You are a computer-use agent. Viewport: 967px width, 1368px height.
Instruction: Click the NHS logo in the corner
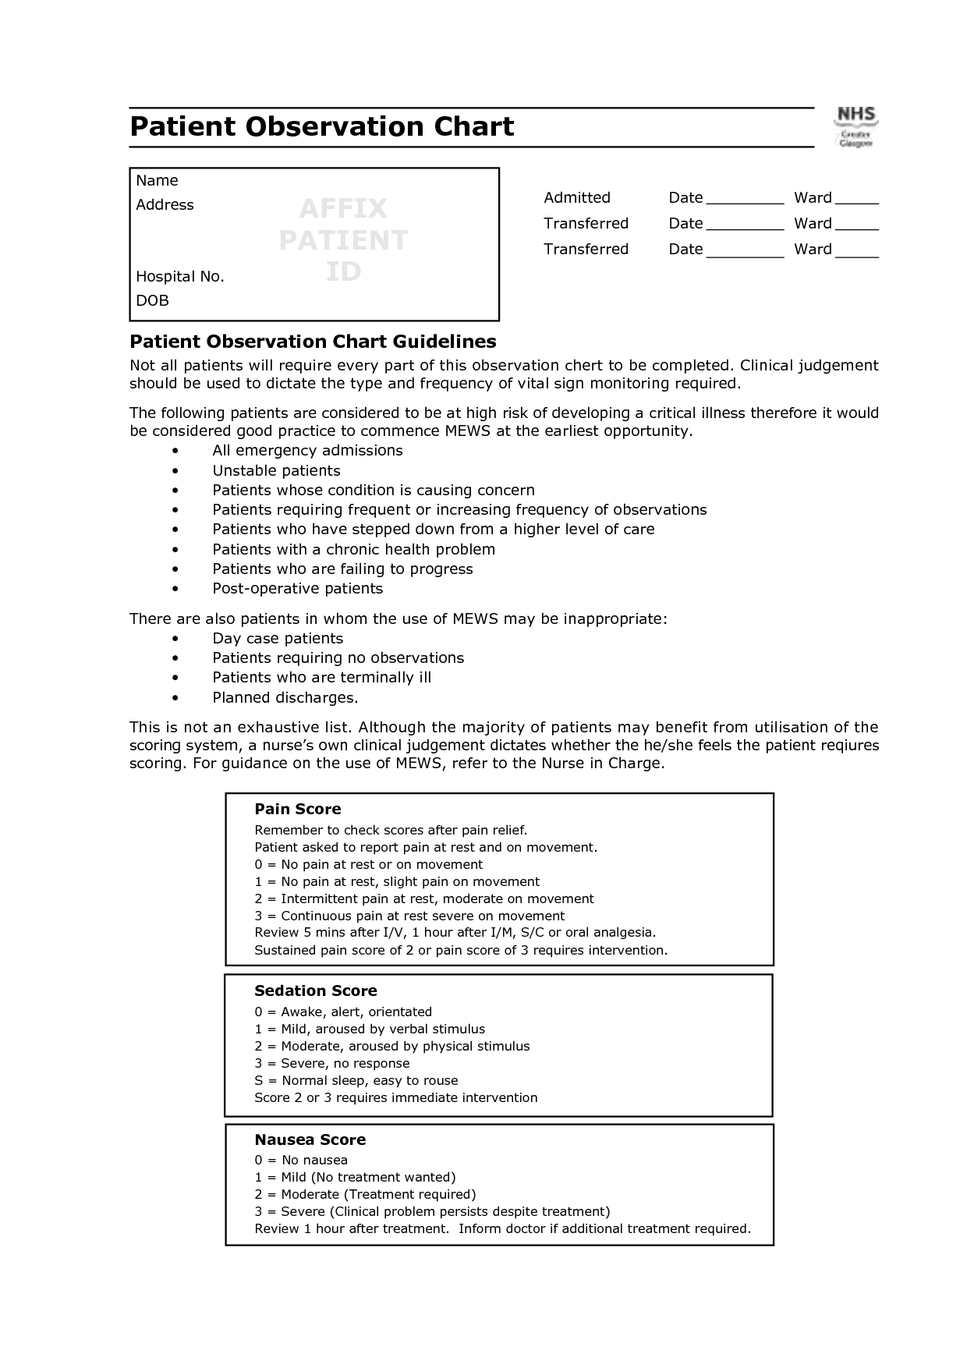tap(855, 127)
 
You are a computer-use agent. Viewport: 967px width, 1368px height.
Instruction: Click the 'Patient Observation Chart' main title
tap(321, 126)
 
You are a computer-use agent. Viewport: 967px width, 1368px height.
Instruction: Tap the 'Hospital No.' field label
tap(180, 276)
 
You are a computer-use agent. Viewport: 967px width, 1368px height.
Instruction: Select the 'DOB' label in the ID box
tap(152, 300)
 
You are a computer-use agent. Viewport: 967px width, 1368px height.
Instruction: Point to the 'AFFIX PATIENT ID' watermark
tap(343, 239)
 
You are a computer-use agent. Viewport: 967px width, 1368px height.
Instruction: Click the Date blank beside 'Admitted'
tap(745, 199)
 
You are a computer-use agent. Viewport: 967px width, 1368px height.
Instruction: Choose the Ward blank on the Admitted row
tap(856, 199)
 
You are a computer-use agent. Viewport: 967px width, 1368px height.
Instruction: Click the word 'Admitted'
tap(577, 197)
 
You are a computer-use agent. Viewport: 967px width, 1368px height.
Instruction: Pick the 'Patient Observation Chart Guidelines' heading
tap(313, 342)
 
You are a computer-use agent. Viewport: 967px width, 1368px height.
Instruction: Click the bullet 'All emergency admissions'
tap(307, 451)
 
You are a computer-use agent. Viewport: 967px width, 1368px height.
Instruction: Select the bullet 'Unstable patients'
tap(276, 470)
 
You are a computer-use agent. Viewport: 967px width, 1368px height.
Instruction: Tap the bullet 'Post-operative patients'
tap(297, 589)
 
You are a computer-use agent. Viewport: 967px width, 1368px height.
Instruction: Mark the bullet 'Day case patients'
tap(278, 639)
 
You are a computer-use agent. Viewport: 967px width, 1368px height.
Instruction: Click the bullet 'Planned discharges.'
tap(285, 698)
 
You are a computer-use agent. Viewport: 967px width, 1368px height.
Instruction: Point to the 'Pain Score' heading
tap(298, 809)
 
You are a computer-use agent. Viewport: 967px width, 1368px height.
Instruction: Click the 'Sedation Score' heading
tap(315, 991)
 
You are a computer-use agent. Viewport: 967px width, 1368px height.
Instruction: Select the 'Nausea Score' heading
tap(310, 1139)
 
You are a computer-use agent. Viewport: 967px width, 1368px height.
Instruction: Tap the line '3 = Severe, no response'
tap(331, 1063)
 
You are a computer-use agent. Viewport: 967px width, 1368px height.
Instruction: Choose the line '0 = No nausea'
tap(301, 1160)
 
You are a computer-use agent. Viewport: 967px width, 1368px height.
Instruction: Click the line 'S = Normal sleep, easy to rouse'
tap(356, 1080)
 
